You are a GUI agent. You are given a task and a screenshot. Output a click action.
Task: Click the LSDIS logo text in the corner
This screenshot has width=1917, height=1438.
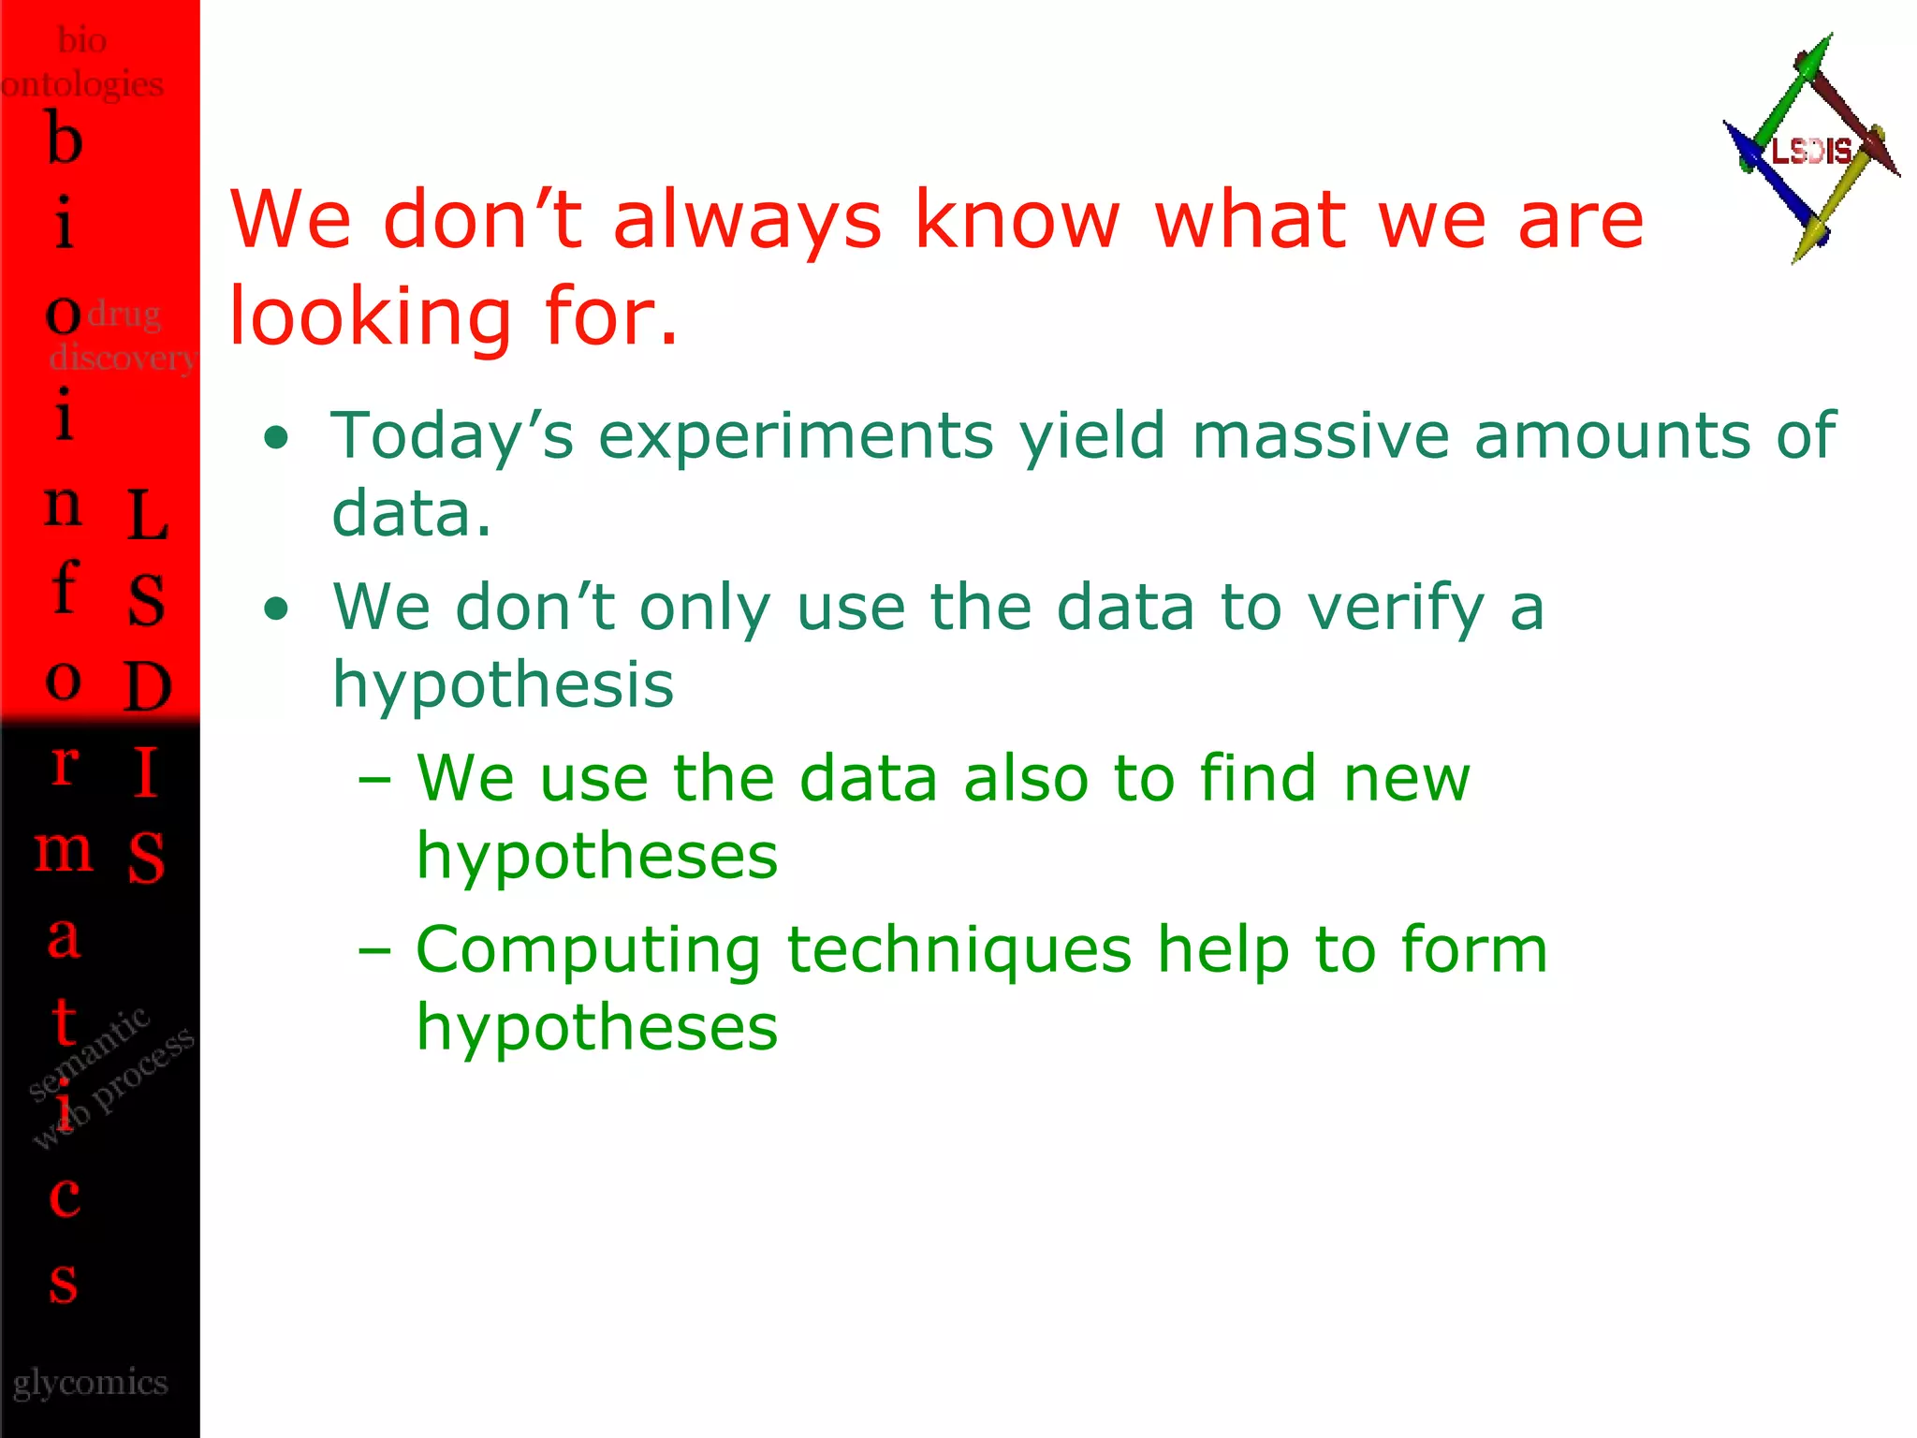1810,151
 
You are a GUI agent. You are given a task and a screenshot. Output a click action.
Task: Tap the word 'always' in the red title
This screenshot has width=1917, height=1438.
747,221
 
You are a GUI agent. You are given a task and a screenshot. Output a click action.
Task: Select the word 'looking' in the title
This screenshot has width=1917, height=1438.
371,317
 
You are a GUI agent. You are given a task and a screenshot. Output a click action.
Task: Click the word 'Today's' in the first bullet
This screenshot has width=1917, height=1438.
452,436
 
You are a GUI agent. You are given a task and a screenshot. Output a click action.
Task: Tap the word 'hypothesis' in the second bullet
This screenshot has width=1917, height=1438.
503,686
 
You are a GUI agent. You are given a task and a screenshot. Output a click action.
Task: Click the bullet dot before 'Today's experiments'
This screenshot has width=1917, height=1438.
276,438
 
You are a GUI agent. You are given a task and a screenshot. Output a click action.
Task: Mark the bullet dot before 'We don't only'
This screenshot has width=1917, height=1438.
276,610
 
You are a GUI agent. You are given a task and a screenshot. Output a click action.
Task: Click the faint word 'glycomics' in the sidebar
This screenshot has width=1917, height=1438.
91,1383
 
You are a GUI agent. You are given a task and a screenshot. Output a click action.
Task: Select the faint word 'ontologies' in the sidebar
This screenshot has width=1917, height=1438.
82,85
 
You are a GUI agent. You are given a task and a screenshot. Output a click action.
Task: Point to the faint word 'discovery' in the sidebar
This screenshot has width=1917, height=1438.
122,358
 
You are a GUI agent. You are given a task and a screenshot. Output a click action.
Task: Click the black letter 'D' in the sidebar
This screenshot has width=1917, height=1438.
148,686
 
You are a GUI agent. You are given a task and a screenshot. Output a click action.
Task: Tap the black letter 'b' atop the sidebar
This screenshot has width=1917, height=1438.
65,139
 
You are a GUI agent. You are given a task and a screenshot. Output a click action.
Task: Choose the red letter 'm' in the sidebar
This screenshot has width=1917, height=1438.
64,851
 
